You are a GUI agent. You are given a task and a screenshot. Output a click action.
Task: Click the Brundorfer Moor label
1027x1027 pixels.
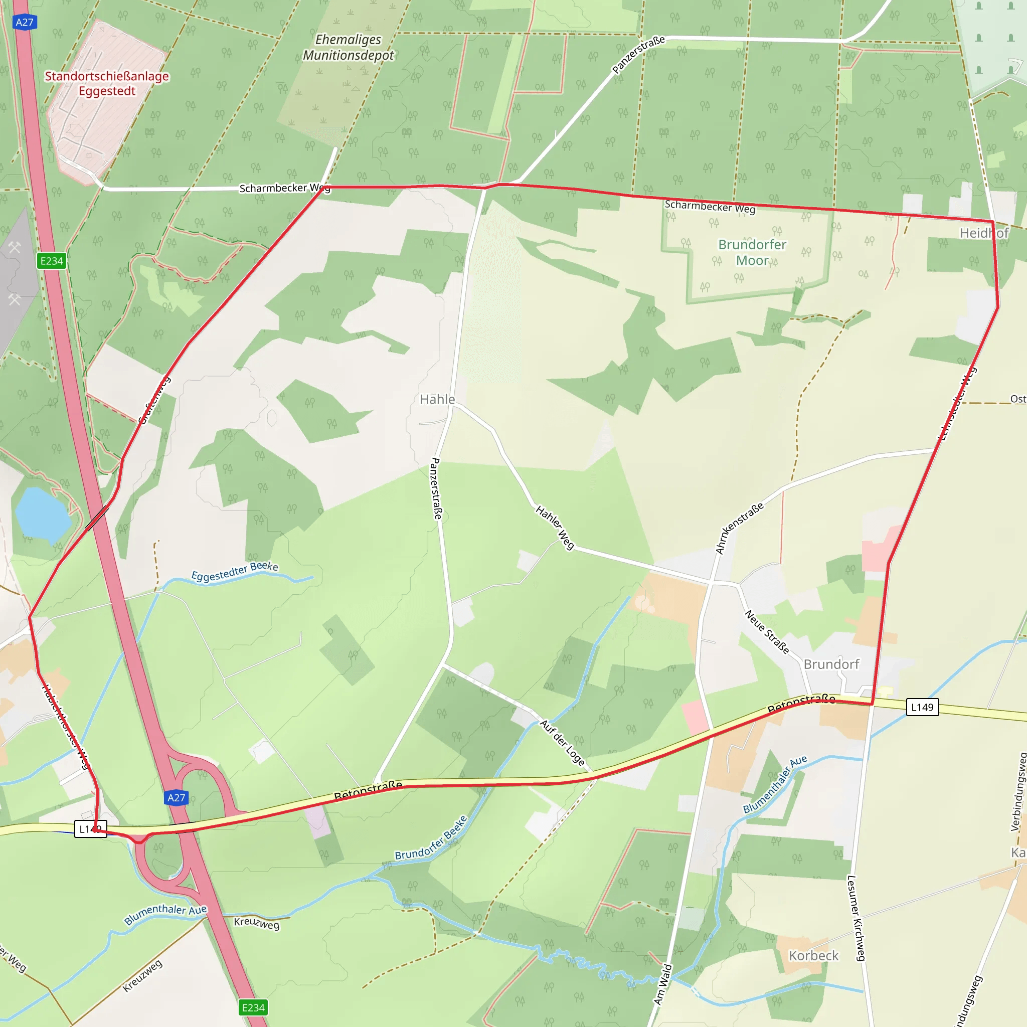[x=752, y=253]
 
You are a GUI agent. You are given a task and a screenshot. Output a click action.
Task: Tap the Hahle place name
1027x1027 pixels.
[x=437, y=399]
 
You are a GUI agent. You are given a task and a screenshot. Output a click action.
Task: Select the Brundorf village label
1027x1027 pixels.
[x=831, y=664]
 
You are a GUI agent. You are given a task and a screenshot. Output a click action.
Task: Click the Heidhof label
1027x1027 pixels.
[x=983, y=233]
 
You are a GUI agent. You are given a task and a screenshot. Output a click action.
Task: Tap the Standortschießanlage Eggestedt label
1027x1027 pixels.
[x=107, y=83]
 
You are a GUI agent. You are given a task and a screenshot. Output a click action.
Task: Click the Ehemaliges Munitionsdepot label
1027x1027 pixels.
[x=348, y=47]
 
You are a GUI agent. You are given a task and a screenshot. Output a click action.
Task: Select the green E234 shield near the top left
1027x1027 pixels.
[x=52, y=261]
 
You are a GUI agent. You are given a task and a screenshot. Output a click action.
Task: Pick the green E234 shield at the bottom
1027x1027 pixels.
[x=253, y=1007]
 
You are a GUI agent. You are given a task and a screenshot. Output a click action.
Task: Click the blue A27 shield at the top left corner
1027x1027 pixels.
[x=25, y=23]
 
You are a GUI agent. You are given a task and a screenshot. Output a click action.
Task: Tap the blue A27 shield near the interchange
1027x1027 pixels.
[x=177, y=797]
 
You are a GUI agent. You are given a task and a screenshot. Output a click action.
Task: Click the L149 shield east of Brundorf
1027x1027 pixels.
[x=922, y=707]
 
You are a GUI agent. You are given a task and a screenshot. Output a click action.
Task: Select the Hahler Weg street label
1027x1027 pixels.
[x=555, y=528]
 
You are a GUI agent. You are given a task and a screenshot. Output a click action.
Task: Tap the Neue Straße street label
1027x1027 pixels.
[x=767, y=631]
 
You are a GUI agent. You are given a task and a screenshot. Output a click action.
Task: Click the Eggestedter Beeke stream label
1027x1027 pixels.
[x=234, y=572]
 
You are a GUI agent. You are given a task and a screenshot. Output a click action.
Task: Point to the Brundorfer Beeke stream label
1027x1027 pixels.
[x=431, y=837]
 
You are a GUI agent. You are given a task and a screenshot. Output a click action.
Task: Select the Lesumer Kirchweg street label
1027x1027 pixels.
[x=855, y=918]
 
